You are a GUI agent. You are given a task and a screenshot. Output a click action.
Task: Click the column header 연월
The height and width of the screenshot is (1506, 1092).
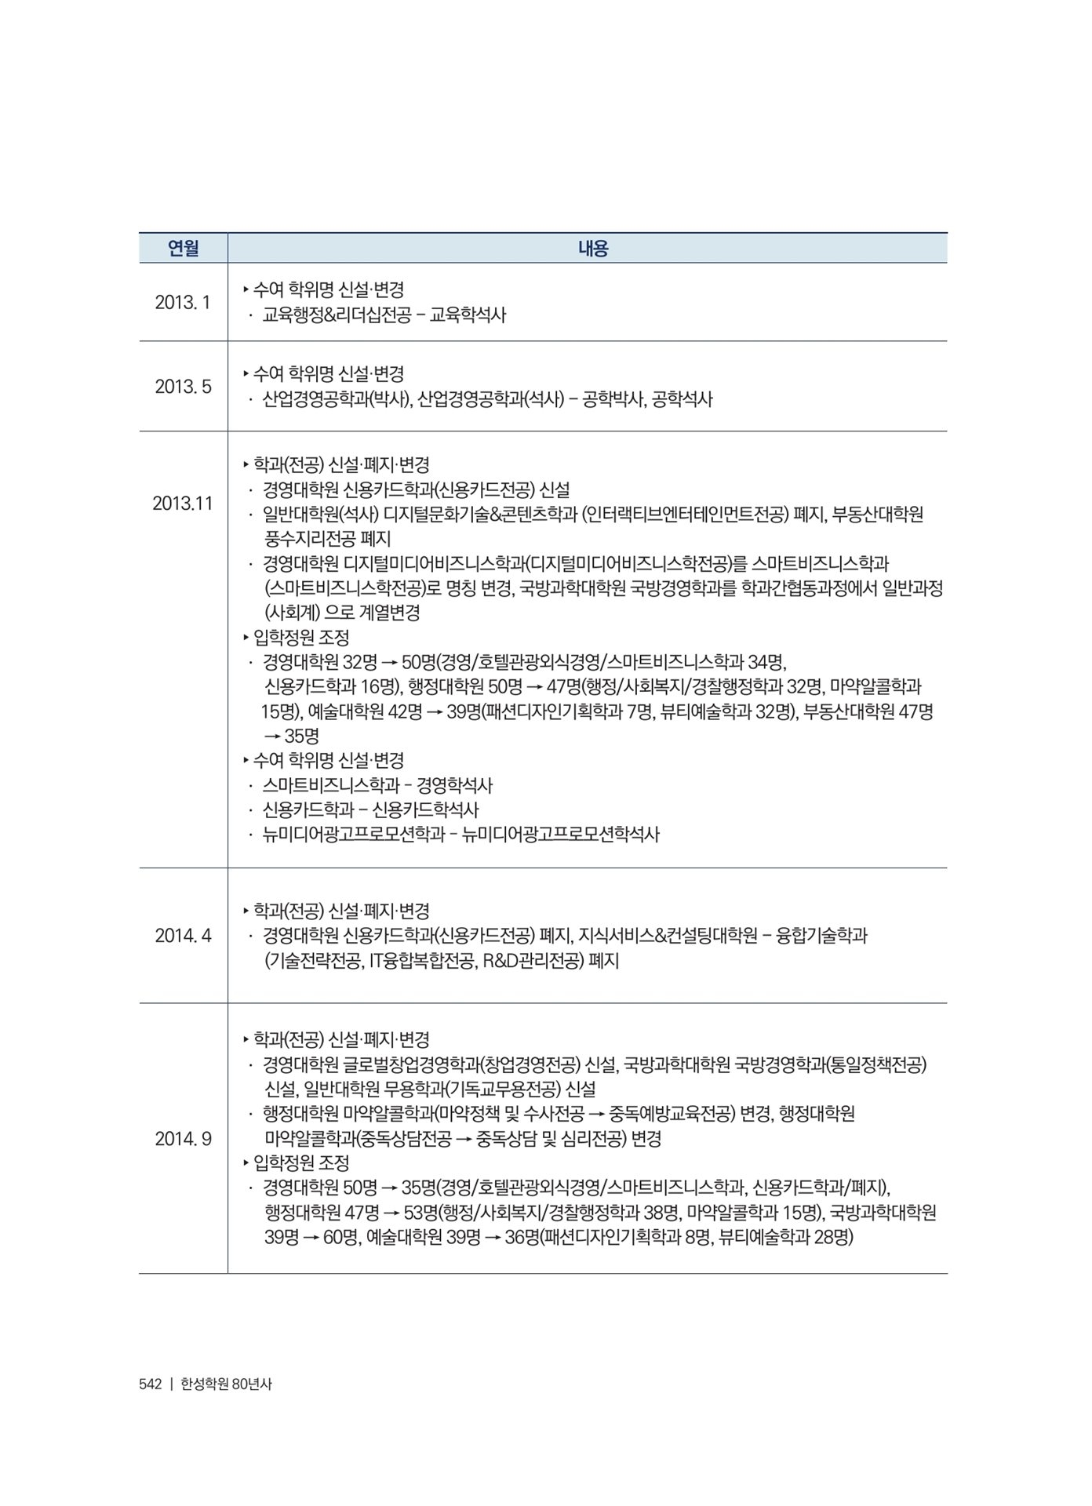[183, 249]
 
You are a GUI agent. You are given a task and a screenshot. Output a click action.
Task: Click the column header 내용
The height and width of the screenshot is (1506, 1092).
[593, 249]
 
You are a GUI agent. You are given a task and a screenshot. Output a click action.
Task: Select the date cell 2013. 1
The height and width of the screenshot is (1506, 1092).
[183, 302]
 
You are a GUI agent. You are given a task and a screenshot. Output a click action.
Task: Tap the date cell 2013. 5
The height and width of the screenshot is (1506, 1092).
[183, 387]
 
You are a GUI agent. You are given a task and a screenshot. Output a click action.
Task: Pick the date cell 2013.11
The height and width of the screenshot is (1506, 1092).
[183, 503]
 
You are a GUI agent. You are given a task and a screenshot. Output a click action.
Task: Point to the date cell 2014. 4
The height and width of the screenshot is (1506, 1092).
[183, 935]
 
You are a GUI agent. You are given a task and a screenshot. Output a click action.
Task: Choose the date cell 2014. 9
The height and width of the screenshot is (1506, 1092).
[183, 1138]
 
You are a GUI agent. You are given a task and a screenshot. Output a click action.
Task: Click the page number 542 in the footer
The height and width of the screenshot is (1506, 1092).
[150, 1384]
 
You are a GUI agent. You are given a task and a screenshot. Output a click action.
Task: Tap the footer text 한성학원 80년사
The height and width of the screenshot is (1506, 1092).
[226, 1384]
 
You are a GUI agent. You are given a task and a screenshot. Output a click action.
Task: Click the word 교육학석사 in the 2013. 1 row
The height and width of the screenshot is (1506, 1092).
[468, 315]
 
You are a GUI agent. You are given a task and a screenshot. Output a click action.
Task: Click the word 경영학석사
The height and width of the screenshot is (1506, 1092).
[454, 785]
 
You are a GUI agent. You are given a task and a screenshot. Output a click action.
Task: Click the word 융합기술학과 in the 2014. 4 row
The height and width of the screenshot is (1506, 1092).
[821, 936]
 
